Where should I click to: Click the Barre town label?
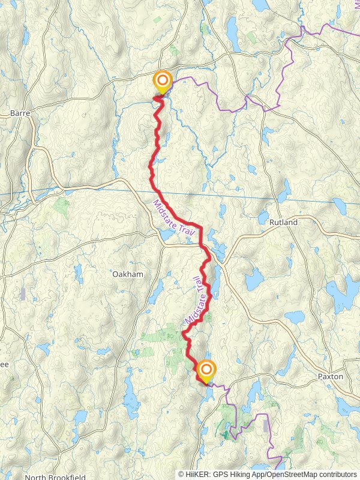tap(20, 112)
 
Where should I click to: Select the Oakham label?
tap(128, 274)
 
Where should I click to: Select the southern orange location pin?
tap(206, 370)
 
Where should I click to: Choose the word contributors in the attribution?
tap(338, 474)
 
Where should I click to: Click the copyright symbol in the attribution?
tap(182, 474)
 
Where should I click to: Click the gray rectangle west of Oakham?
tap(23, 294)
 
